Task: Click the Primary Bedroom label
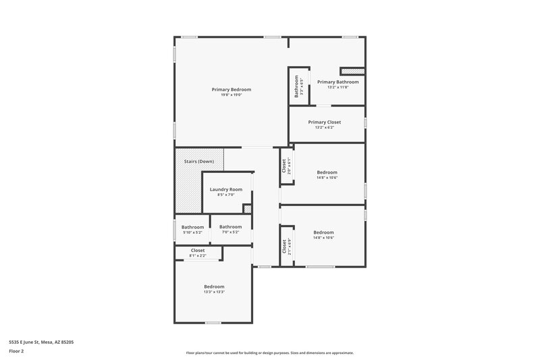point(231,90)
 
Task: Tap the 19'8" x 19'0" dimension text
point(231,95)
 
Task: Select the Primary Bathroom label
point(337,82)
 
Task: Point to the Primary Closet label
point(324,122)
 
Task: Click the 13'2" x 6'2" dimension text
point(324,128)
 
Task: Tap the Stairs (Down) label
point(198,161)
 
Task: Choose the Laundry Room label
point(225,190)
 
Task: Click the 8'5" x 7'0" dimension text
point(225,195)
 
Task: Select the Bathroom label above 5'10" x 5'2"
point(192,227)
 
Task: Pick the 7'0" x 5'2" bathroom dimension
point(230,232)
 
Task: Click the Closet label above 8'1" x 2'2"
point(198,251)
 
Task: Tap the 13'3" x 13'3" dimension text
point(214,292)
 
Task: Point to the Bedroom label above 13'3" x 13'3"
point(214,286)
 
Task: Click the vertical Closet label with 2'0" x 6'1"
point(284,165)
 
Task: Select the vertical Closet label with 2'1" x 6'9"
point(284,247)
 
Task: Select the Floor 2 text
point(17,351)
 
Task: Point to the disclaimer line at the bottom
point(269,353)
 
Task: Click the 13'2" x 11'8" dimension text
point(337,87)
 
